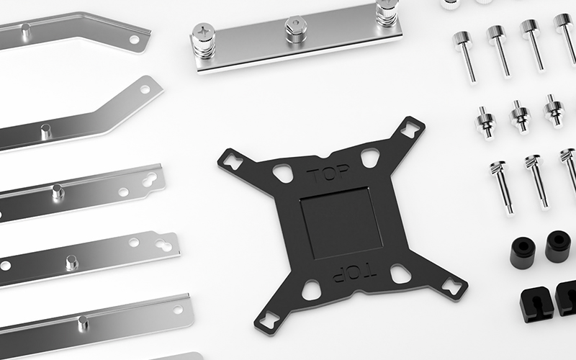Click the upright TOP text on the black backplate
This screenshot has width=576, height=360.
tap(328, 174)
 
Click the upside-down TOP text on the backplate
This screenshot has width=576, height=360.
tap(354, 274)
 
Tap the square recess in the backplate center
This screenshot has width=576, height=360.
tap(341, 222)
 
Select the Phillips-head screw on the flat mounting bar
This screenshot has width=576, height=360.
tap(204, 40)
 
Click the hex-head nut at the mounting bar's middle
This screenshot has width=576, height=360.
tap(296, 29)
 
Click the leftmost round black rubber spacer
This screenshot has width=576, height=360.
tap(523, 253)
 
